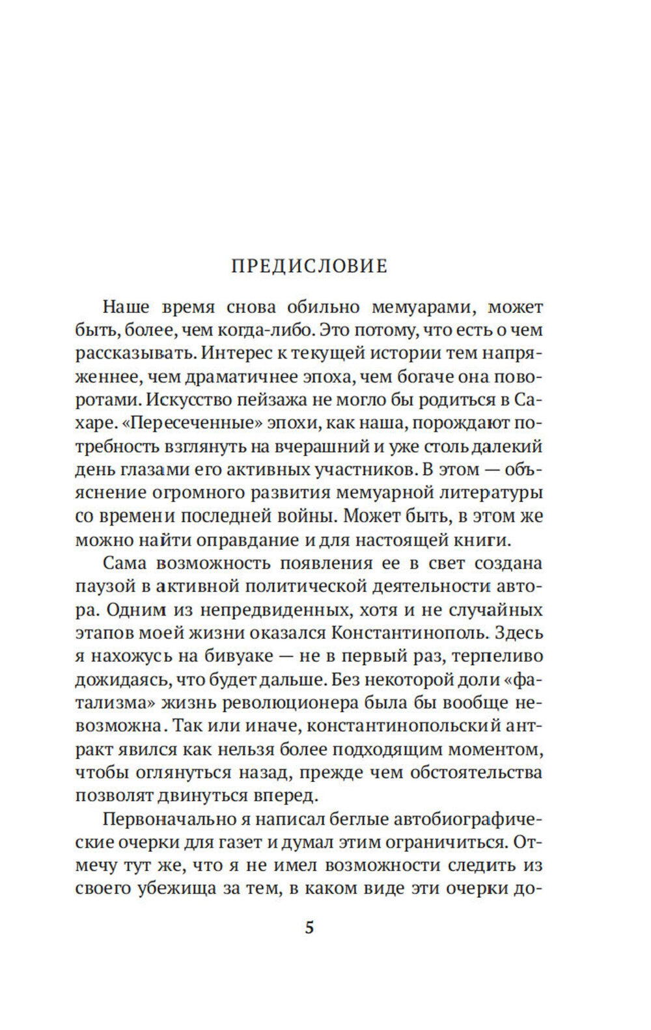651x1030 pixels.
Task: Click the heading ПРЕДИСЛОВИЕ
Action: [x=309, y=266]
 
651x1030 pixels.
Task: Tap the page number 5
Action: [x=309, y=927]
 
